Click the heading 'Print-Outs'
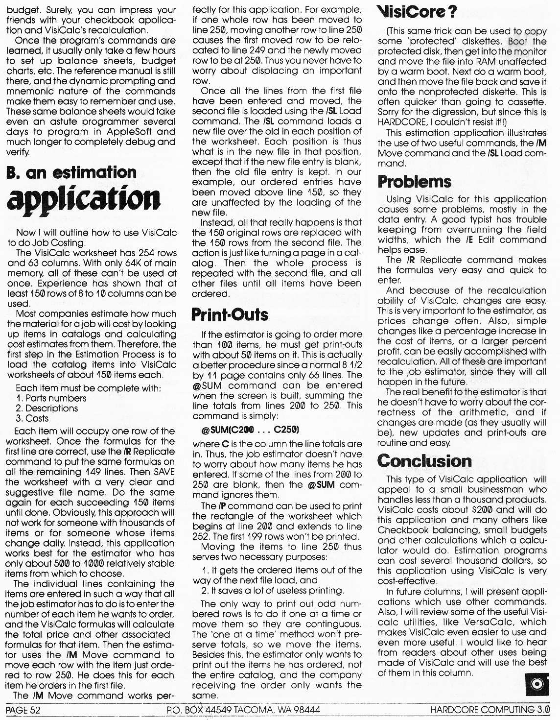pyautogui.click(x=230, y=314)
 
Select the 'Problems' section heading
pyautogui.click(x=414, y=181)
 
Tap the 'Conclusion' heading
pyautogui.click(x=424, y=461)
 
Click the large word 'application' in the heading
pyautogui.click(x=83, y=198)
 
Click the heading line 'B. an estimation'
pyautogui.click(x=71, y=172)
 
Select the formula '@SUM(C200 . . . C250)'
pyautogui.click(x=250, y=430)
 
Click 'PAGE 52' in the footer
pyautogui.click(x=23, y=710)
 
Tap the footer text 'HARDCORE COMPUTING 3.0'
pyautogui.click(x=490, y=710)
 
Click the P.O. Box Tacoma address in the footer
pyautogui.click(x=243, y=710)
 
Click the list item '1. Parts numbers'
pyautogui.click(x=51, y=398)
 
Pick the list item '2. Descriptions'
pyautogui.click(x=47, y=408)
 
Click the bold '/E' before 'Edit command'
pyautogui.click(x=470, y=240)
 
